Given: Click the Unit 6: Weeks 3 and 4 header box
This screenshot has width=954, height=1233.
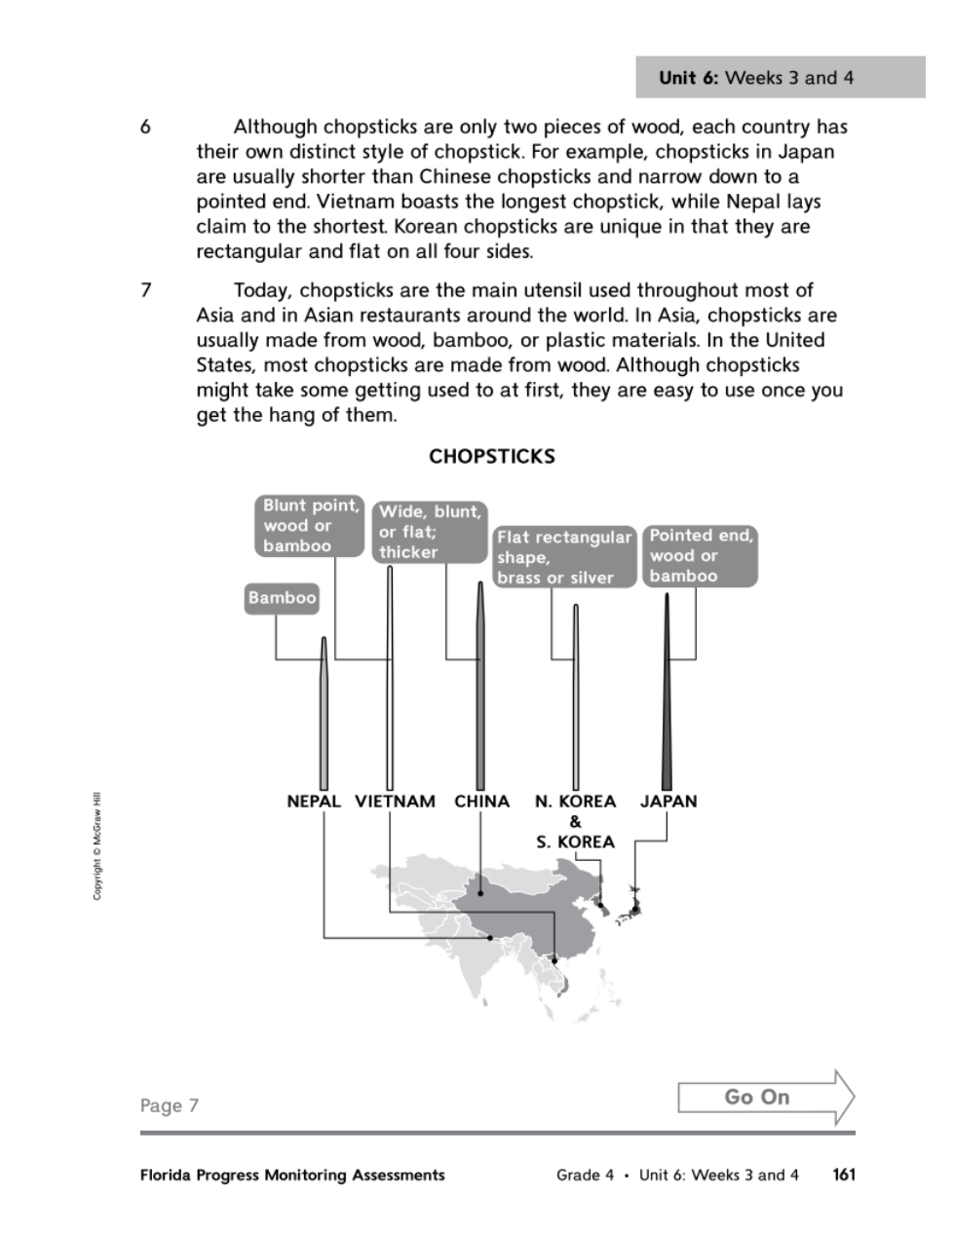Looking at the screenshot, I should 780,78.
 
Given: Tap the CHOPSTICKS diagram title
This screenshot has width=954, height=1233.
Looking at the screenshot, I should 492,457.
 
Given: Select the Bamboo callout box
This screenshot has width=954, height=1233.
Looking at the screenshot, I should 283,598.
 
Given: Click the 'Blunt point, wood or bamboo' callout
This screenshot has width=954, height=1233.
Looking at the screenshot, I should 310,525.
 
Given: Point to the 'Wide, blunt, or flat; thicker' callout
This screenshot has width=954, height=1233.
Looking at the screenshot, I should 430,532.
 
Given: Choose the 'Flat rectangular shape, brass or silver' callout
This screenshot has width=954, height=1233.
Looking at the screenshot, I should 564,557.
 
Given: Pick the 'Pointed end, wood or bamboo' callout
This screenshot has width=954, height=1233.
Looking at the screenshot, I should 700,556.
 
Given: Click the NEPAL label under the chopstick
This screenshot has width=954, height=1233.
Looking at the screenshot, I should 314,802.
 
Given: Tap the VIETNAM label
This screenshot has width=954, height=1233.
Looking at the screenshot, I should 395,802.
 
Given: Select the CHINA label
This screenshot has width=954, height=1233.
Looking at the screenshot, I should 481,802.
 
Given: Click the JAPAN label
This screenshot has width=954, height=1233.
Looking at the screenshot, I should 668,802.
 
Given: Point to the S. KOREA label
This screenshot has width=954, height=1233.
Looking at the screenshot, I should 575,841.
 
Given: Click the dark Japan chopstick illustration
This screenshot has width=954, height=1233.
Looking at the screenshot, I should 667,701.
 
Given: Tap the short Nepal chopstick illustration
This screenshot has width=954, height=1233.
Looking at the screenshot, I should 324,721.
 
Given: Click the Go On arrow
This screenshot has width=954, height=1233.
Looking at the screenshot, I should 765,1098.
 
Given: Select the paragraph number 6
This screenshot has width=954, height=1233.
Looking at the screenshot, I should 145,128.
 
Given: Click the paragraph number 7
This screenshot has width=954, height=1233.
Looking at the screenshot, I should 145,290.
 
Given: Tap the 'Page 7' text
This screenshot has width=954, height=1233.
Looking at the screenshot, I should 170,1105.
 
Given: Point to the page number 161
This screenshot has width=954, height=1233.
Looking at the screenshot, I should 844,1175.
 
